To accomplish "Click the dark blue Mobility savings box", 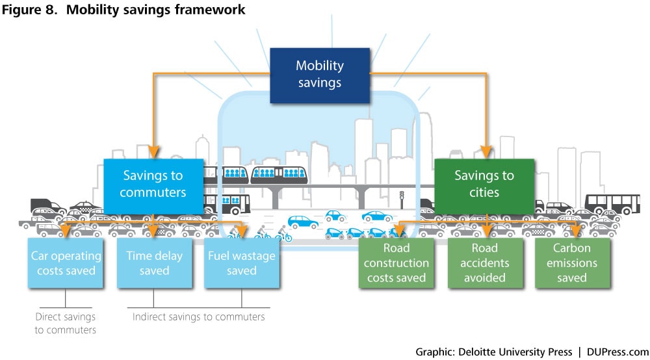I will coord(319,74).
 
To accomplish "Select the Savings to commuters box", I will coord(153,184).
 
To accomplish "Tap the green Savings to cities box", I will coord(484,184).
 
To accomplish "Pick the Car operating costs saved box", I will coord(66,263).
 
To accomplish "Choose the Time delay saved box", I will coord(154,263).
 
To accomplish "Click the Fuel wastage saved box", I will coord(242,263).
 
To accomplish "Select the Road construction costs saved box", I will coord(396,263).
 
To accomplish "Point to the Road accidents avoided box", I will coord(484,263).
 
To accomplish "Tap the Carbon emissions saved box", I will coord(572,263).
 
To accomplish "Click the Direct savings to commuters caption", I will coord(65,323).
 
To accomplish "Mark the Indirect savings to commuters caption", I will coord(199,316).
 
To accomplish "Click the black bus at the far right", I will coord(612,203).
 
